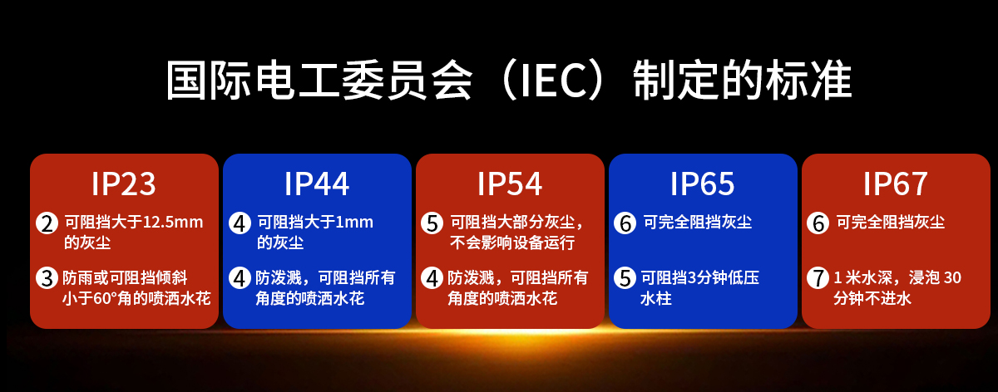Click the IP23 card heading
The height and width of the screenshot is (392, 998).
coord(123,184)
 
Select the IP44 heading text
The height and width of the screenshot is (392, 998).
coord(316,184)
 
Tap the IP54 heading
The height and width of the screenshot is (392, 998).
coord(509,184)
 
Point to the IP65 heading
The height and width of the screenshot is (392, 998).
coord(702,184)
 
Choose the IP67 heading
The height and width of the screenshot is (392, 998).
coord(895,184)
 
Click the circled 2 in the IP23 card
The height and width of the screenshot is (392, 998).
coord(47,223)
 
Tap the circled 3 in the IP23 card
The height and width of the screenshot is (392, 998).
coord(47,278)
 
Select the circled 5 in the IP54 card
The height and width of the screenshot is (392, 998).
coord(432,223)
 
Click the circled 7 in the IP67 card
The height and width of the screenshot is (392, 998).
coord(818,278)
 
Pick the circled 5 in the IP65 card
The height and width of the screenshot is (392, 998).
coord(625,278)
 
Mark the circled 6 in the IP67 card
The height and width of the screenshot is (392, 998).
coord(818,223)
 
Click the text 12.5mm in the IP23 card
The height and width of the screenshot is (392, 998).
coord(172,222)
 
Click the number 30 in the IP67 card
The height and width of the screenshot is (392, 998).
coord(952,277)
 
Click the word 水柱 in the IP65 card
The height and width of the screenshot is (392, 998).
coord(656,298)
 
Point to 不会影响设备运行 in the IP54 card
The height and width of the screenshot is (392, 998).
coord(512,243)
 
